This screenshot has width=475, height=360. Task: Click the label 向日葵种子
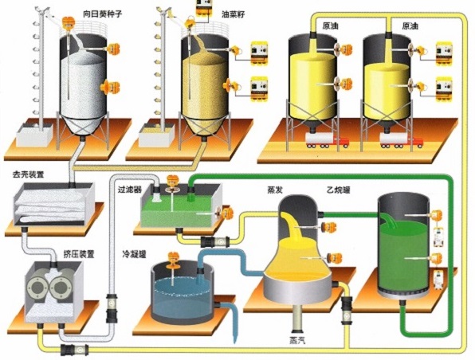click(102, 14)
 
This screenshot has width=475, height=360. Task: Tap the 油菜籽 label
click(234, 14)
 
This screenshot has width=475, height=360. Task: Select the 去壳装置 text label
click(29, 174)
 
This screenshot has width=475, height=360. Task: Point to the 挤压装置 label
click(79, 254)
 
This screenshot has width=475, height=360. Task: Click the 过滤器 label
click(130, 190)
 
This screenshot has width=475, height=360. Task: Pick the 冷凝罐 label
click(134, 254)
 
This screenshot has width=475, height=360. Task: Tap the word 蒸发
click(275, 190)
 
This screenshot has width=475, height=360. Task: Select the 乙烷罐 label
click(339, 190)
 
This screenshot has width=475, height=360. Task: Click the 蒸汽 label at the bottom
click(296, 341)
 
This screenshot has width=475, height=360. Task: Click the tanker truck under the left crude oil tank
click(327, 140)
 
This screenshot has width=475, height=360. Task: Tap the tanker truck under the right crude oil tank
click(402, 141)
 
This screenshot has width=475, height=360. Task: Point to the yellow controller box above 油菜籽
click(203, 7)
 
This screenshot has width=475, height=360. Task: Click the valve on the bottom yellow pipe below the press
click(75, 350)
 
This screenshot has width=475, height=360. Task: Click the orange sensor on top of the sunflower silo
click(69, 22)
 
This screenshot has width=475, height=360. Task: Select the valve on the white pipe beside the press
click(111, 308)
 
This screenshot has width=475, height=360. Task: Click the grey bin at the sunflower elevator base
click(34, 135)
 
